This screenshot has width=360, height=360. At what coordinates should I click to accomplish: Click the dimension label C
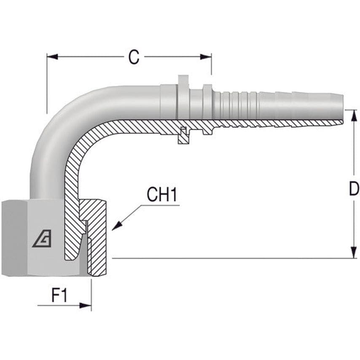[x=134, y=57]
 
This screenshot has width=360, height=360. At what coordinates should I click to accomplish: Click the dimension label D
[x=353, y=189]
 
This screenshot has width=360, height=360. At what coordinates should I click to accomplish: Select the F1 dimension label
[x=59, y=296]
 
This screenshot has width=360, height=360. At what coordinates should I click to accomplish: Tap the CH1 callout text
[x=162, y=195]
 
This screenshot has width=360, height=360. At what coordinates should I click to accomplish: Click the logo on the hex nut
[x=42, y=239]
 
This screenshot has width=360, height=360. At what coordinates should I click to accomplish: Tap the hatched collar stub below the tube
[x=183, y=136]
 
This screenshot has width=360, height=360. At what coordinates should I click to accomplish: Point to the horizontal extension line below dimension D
[x=232, y=258]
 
